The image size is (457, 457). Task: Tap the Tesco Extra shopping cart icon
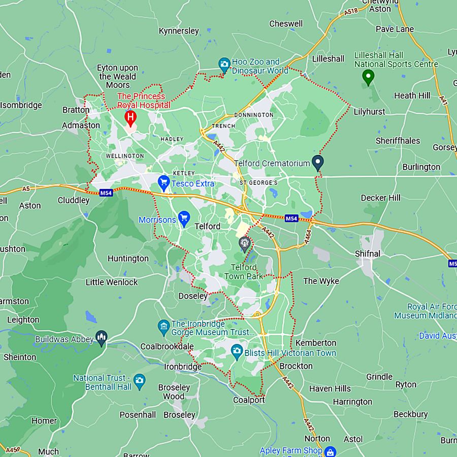(x=164, y=181)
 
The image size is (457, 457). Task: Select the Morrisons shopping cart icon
(x=184, y=218)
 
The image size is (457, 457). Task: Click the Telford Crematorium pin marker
(x=318, y=162)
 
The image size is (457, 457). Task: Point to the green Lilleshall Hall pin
(x=368, y=77)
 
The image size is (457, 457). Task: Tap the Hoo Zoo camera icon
(x=224, y=64)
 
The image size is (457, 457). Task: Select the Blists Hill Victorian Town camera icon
(x=237, y=351)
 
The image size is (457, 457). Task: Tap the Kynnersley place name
(x=179, y=31)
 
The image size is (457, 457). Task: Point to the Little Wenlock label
(x=112, y=282)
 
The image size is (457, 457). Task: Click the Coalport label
(x=249, y=400)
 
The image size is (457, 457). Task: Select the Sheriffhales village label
(x=398, y=141)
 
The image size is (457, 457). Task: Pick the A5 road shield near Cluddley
(x=26, y=189)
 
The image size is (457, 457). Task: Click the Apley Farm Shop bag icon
(x=330, y=451)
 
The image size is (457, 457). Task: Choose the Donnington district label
(x=253, y=115)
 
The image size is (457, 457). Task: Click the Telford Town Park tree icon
(x=245, y=244)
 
